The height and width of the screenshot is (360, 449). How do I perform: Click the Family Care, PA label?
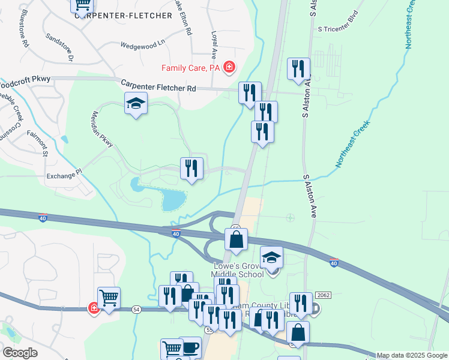190,68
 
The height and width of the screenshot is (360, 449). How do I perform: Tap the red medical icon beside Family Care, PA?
229,67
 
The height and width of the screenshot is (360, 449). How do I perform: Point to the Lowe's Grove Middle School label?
239,269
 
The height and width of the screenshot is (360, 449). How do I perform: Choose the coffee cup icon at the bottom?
190,348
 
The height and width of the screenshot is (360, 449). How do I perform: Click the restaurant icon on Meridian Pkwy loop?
191,169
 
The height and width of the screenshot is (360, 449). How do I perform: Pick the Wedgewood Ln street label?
142,45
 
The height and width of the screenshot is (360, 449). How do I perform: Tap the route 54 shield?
137,308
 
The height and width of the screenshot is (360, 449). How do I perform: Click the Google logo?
20,353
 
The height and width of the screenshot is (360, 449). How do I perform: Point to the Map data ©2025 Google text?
412,355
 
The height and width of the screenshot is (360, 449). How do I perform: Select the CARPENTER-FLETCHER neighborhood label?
123,16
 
